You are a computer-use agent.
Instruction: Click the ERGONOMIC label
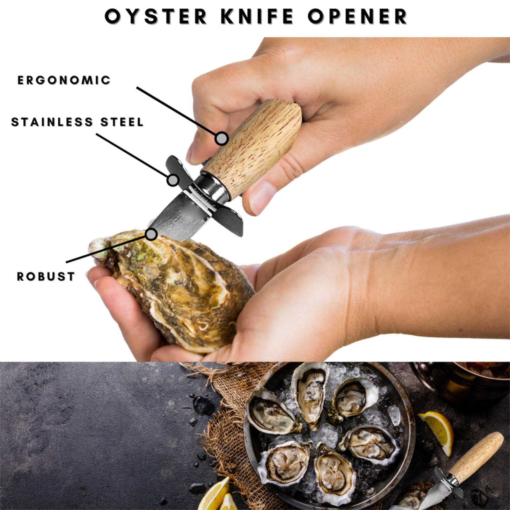click(x=64, y=80)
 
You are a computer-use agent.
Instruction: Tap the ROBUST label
click(x=46, y=276)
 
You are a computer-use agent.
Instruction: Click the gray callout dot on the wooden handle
click(x=222, y=138)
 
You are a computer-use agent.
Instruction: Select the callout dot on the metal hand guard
click(x=173, y=180)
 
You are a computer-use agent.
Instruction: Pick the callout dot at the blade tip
click(x=152, y=234)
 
